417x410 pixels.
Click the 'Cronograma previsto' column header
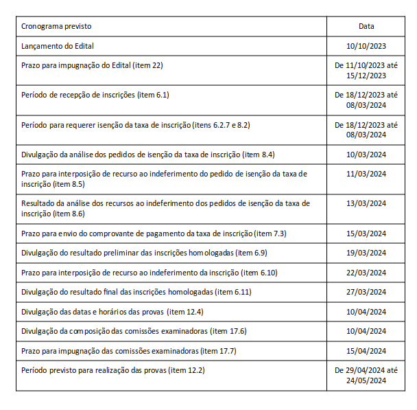(56, 26)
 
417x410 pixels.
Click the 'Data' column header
(366, 26)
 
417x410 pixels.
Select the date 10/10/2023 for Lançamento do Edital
(366, 46)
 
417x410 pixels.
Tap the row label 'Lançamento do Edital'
(58, 46)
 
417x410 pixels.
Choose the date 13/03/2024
(366, 203)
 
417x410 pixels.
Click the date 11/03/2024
(366, 174)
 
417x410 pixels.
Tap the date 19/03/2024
(366, 253)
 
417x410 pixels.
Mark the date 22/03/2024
(366, 273)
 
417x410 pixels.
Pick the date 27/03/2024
(366, 292)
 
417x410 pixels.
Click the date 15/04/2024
(366, 351)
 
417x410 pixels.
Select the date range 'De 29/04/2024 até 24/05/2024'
(366, 375)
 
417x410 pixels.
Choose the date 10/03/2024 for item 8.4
(366, 155)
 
